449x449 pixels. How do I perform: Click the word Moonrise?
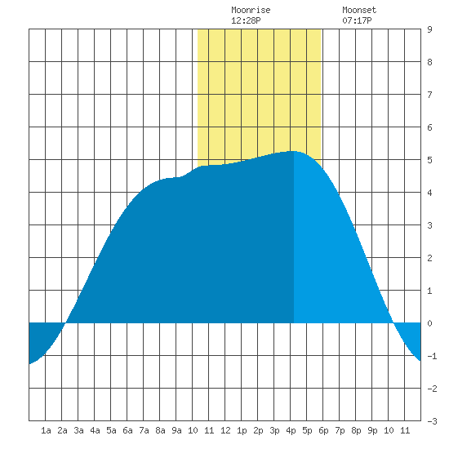pyautogui.click(x=251, y=10)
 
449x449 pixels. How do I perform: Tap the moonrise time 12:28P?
pyautogui.click(x=246, y=20)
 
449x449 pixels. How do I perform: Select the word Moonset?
pyautogui.click(x=359, y=10)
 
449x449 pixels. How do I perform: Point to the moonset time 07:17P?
pyautogui.click(x=357, y=20)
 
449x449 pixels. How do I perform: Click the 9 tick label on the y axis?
pyautogui.click(x=429, y=29)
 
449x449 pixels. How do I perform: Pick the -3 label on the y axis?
pyautogui.click(x=432, y=421)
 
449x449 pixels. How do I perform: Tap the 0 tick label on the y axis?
pyautogui.click(x=429, y=323)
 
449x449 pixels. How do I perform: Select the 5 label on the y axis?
pyautogui.click(x=429, y=160)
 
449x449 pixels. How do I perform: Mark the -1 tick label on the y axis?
pyautogui.click(x=432, y=356)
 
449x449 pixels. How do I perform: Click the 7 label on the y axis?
pyautogui.click(x=429, y=95)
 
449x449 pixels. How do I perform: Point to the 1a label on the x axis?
pyautogui.click(x=46, y=430)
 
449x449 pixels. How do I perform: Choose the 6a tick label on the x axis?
pyautogui.click(x=127, y=430)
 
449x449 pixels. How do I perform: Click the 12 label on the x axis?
pyautogui.click(x=225, y=430)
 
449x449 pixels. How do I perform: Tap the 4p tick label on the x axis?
pyautogui.click(x=291, y=430)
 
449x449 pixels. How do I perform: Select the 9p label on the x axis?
pyautogui.click(x=372, y=430)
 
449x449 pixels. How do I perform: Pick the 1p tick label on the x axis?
pyautogui.click(x=242, y=430)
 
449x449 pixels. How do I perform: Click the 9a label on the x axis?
pyautogui.click(x=176, y=430)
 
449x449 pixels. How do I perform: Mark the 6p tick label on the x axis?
pyautogui.click(x=323, y=430)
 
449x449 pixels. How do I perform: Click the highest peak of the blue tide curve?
pyautogui.click(x=294, y=151)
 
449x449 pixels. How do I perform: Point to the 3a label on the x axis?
pyautogui.click(x=78, y=430)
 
